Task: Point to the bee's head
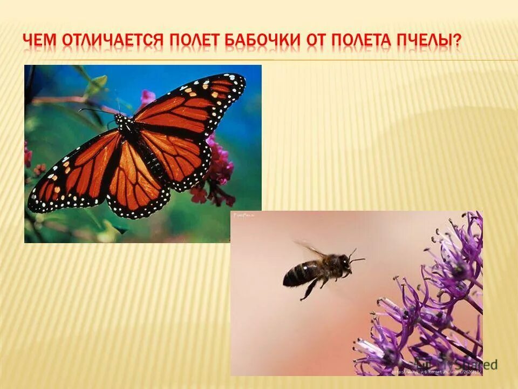tap(342, 263)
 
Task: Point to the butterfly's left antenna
tap(97, 110)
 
